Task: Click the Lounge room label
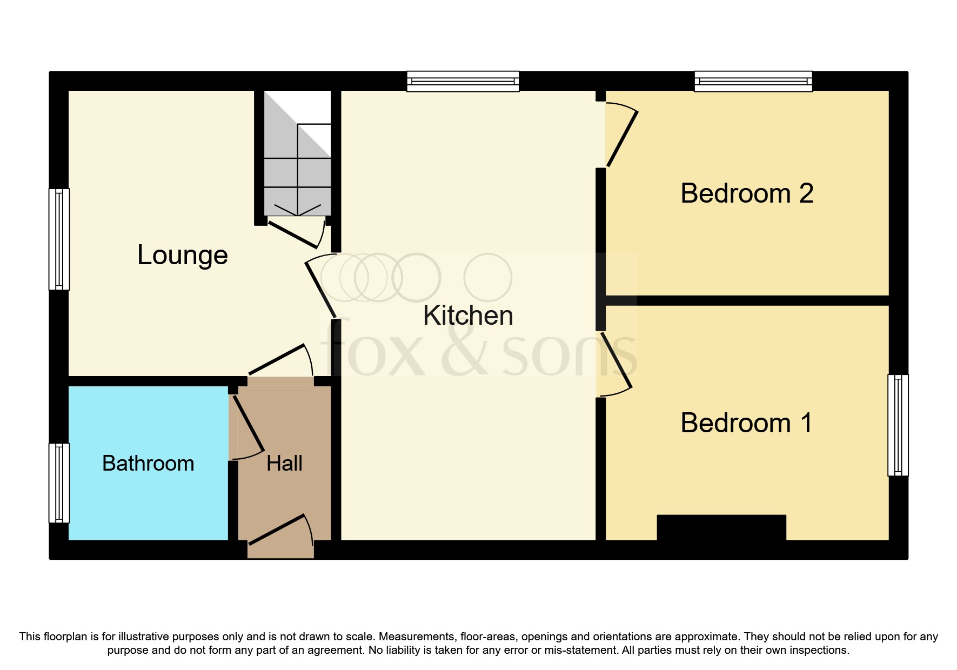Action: click(x=182, y=255)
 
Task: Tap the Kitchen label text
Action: click(x=467, y=315)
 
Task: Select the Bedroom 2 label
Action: click(x=746, y=193)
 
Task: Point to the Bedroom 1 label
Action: click(x=746, y=423)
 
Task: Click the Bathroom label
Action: click(x=148, y=463)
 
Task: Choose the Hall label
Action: click(x=284, y=463)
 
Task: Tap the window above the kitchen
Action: click(x=463, y=81)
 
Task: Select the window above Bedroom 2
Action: click(x=753, y=81)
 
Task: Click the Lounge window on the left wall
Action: click(x=59, y=239)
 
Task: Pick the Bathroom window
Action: click(x=59, y=483)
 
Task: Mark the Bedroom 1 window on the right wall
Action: click(x=898, y=425)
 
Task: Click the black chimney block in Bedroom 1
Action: click(x=721, y=527)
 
